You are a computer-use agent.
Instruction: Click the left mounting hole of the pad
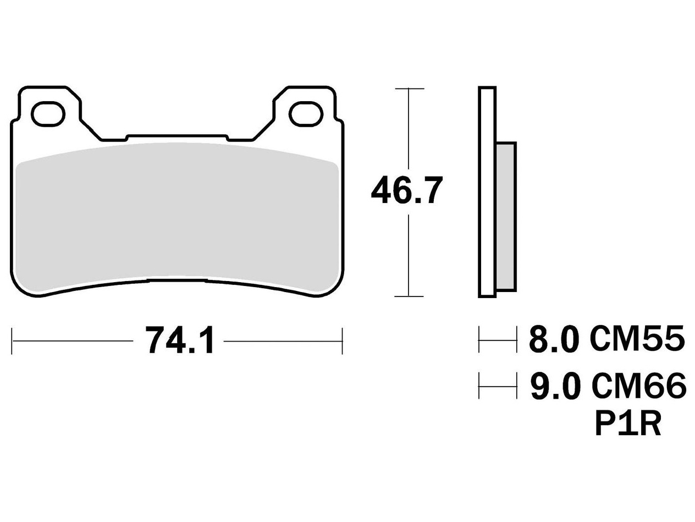point(48,114)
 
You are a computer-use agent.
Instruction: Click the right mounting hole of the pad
point(306,114)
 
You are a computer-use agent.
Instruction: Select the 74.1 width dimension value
point(179,340)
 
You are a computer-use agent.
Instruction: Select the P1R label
point(628,424)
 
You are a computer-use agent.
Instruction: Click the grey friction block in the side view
point(506,217)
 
